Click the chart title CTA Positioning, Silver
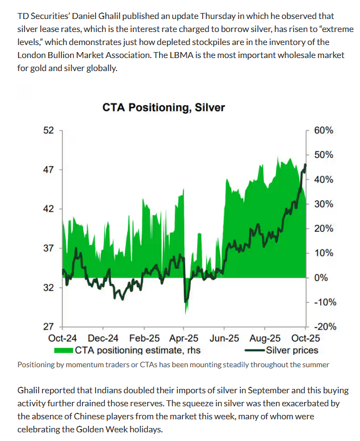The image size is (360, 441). [x=163, y=108]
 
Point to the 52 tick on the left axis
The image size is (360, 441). [x=48, y=130]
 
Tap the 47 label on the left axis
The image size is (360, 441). [x=48, y=170]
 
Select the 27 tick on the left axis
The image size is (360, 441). [x=48, y=327]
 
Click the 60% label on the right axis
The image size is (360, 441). [x=324, y=130]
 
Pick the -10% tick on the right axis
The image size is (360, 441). [x=325, y=302]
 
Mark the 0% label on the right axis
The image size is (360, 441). [x=321, y=278]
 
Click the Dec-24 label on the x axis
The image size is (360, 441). [x=103, y=338]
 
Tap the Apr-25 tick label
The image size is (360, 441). [x=184, y=338]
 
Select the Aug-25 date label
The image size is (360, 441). [x=265, y=338]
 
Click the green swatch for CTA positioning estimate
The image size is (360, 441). [x=64, y=350]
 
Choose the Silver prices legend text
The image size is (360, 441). [x=292, y=350]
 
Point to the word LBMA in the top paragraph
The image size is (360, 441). [x=181, y=55]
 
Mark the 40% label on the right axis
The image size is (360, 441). [x=324, y=180]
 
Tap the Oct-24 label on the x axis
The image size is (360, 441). [x=62, y=338]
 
